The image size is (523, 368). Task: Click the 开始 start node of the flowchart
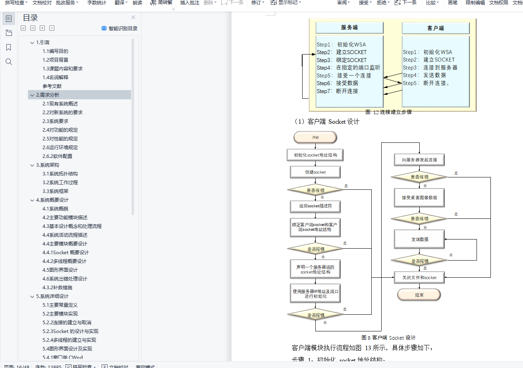click(315, 137)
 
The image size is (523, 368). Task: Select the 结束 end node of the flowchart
click(419, 295)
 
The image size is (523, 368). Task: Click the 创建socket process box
click(315, 172)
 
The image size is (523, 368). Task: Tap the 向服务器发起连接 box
click(419, 160)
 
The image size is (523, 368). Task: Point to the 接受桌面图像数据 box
click(419, 197)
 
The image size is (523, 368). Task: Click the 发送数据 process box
click(419, 239)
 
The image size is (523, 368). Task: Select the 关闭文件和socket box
click(419, 277)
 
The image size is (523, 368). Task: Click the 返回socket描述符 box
click(315, 206)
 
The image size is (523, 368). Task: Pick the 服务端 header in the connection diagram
click(349, 27)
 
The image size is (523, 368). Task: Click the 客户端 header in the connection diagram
click(436, 28)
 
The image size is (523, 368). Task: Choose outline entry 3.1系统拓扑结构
click(60, 173)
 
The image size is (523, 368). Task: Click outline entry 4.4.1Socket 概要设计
click(66, 252)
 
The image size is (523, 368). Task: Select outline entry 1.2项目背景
click(55, 60)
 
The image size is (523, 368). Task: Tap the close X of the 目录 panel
click(133, 18)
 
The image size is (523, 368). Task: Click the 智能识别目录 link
click(120, 28)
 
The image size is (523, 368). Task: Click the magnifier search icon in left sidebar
click(9, 62)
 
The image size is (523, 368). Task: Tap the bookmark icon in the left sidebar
click(9, 47)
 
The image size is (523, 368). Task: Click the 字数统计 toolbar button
click(97, 3)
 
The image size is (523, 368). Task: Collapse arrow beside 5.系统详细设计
click(32, 296)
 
